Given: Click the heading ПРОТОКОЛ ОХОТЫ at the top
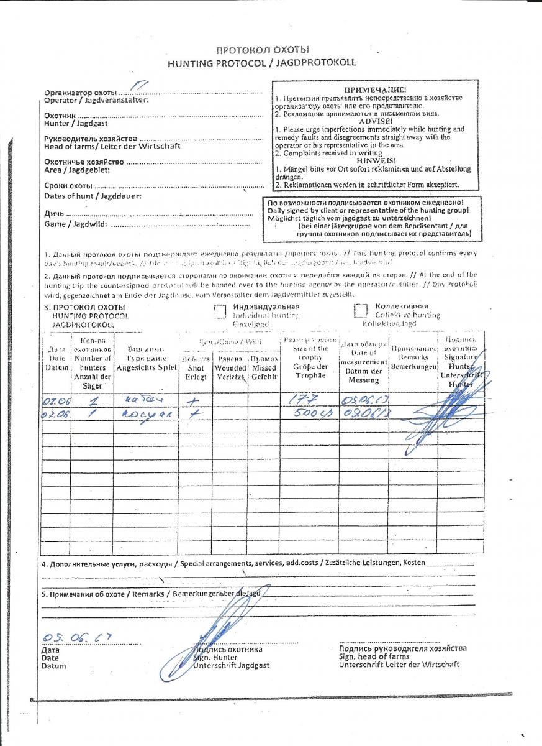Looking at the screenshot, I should click(x=261, y=50).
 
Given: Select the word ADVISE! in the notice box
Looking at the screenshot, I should click(x=376, y=122).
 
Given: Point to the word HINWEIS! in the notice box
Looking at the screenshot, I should click(x=376, y=161).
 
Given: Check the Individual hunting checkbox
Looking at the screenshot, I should click(x=220, y=311).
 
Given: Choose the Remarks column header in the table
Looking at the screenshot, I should click(x=413, y=357).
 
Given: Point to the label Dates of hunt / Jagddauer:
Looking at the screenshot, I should click(x=93, y=196).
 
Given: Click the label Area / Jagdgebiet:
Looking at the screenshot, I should click(x=77, y=170).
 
